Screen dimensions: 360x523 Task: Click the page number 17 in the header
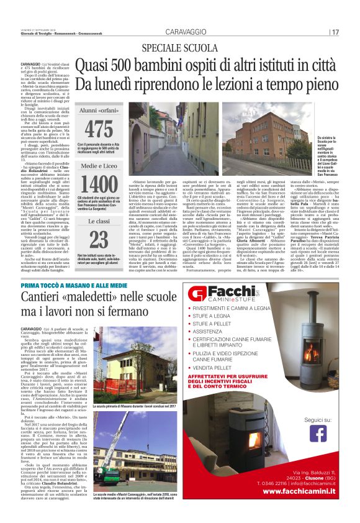point(335,32)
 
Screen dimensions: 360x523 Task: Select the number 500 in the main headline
point(127,63)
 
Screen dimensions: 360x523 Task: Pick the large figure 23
point(98,239)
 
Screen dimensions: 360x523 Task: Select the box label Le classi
point(98,220)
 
